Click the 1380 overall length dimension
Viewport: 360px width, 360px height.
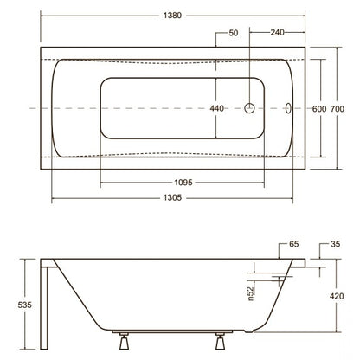pyautogui.click(x=172, y=16)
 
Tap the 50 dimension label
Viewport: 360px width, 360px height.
pyautogui.click(x=234, y=33)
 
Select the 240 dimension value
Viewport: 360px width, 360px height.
pyautogui.click(x=277, y=32)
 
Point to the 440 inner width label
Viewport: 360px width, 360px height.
pyautogui.click(x=216, y=108)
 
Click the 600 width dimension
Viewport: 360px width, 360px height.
pyautogui.click(x=319, y=109)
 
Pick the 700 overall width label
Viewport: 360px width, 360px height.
pyautogui.click(x=337, y=109)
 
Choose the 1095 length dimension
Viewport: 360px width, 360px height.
pyautogui.click(x=183, y=183)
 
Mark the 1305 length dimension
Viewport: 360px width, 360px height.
pyautogui.click(x=172, y=197)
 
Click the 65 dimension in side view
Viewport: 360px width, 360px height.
pyautogui.click(x=293, y=244)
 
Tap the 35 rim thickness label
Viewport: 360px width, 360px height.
pyautogui.click(x=336, y=244)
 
